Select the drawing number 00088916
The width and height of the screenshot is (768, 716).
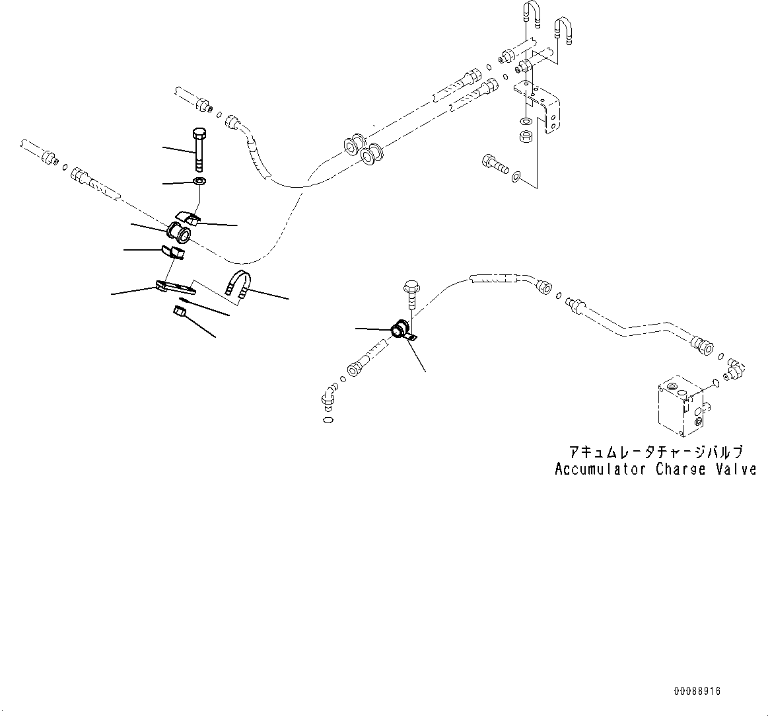coord(697,691)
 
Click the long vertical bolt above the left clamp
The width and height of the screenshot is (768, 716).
coord(199,149)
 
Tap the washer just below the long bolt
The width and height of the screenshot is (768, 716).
coord(199,182)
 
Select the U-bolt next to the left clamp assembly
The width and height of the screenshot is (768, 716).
coord(238,284)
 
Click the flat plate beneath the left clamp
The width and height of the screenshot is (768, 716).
coord(176,288)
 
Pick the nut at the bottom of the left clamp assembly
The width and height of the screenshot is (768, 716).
coord(180,312)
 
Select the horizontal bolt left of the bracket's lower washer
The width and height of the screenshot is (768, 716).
coord(494,163)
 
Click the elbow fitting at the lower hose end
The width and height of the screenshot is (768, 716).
coord(329,395)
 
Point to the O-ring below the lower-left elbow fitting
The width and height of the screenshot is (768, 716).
coord(329,420)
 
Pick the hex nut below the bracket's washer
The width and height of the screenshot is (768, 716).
coord(527,136)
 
